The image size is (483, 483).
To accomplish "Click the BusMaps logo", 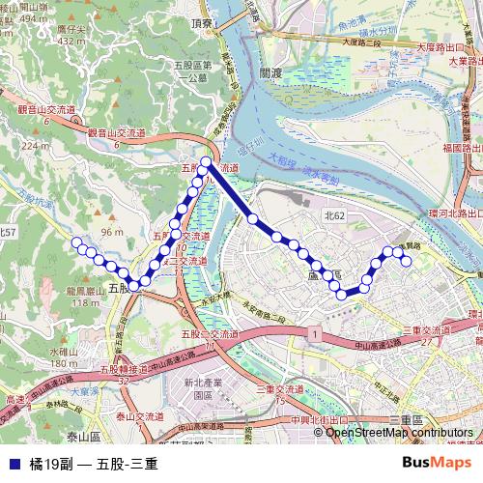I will (438, 463).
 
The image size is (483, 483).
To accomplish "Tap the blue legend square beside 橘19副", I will (12, 464).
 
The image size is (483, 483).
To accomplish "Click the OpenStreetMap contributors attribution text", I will (399, 433).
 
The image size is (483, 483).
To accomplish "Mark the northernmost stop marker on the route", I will (206, 162).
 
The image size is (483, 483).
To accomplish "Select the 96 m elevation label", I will (112, 233).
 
